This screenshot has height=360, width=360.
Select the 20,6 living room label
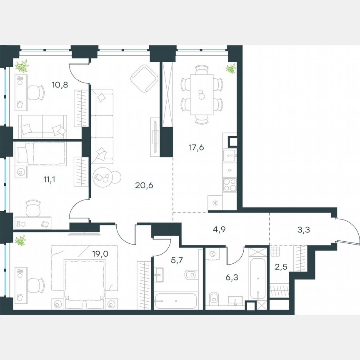144,186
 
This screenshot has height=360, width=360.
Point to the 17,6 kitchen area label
196,147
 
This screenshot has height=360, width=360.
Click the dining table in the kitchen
202,95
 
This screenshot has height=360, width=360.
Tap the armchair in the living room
144,78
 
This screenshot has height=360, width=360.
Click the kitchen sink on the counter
230,156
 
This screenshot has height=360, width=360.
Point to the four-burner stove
230,184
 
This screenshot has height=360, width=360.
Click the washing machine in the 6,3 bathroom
212,254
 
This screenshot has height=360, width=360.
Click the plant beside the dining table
230,69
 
